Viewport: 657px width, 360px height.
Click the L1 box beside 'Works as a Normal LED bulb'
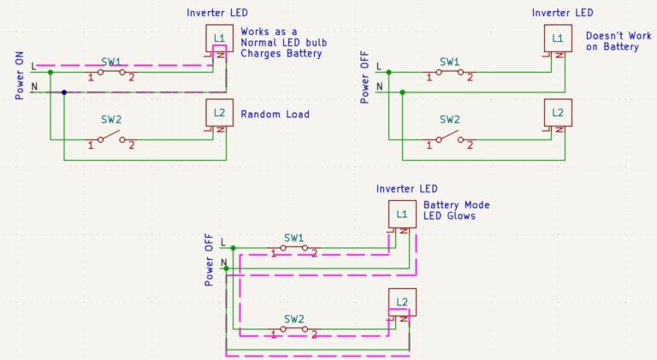219,38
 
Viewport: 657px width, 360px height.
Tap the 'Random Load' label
275,115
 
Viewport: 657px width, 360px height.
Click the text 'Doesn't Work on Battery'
613,41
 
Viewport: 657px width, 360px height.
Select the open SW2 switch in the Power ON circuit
111,138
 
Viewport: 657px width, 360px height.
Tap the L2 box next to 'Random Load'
219,113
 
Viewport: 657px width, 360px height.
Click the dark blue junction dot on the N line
64,91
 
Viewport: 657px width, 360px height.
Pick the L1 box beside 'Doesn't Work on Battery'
558,38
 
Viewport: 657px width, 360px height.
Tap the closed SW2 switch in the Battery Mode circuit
293,329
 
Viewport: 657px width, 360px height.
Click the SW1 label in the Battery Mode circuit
293,237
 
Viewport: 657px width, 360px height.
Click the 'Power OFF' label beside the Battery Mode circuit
210,259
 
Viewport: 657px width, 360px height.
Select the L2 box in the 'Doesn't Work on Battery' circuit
558,113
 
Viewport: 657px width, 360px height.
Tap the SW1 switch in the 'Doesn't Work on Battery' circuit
450,72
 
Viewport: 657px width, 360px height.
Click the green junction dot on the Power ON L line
50,72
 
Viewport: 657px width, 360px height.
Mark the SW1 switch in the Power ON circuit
111,72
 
